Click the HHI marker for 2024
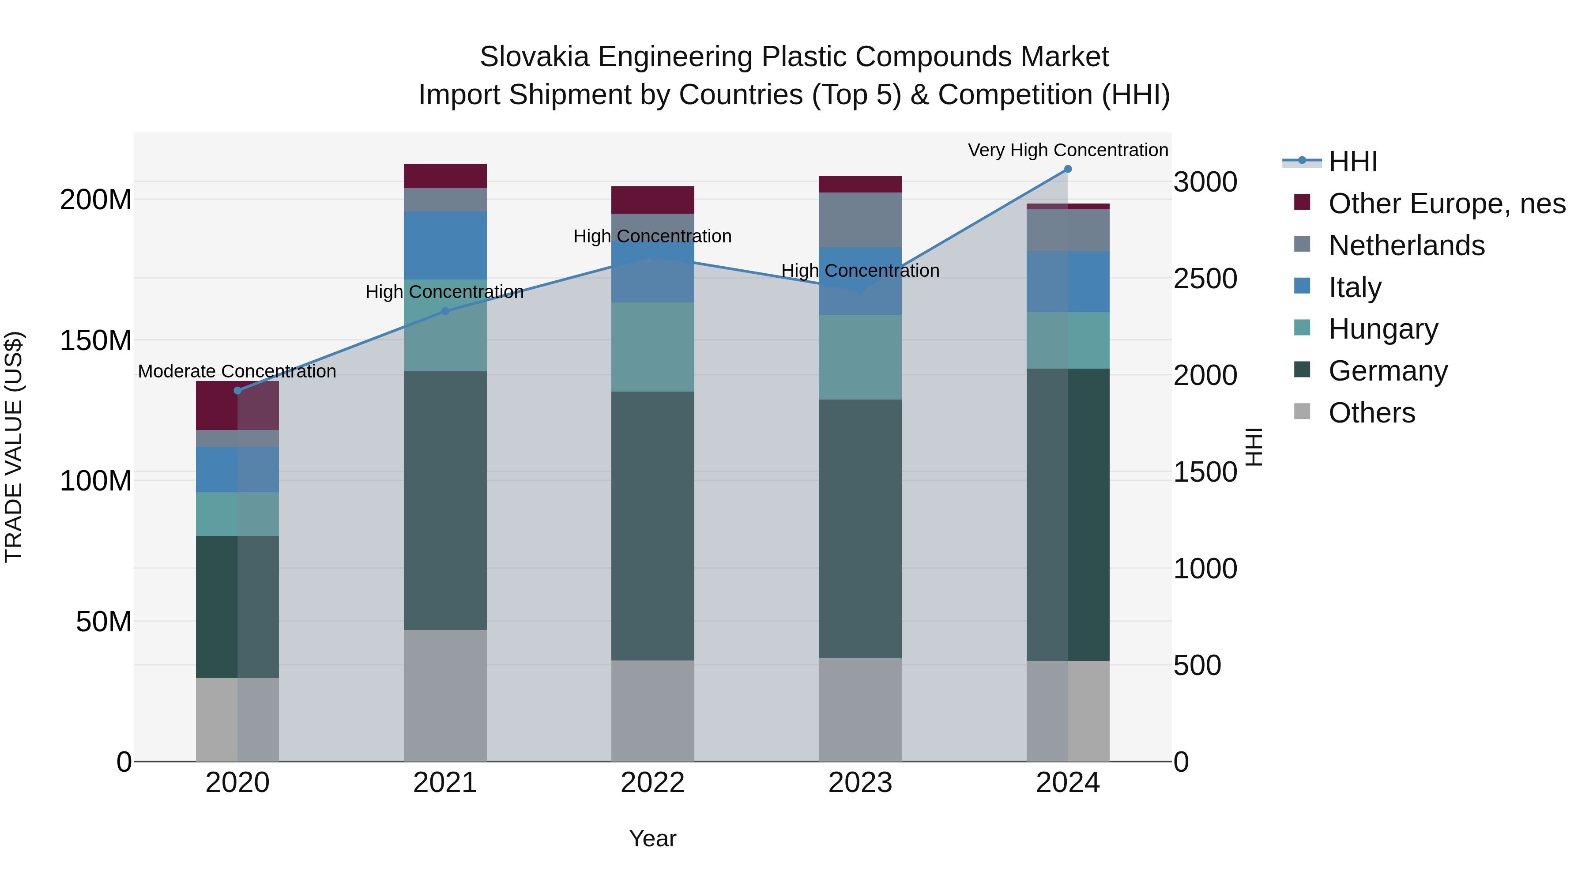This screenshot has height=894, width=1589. (1068, 169)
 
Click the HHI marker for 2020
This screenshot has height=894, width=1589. (237, 391)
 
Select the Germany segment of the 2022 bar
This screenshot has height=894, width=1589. (653, 526)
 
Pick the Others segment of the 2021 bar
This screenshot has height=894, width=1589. (445, 695)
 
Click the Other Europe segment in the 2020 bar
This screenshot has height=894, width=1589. (237, 405)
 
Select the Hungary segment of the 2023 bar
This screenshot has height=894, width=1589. (860, 357)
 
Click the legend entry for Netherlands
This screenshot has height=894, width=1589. (1406, 245)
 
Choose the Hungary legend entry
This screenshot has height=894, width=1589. (1382, 329)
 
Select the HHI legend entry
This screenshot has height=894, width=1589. (1353, 162)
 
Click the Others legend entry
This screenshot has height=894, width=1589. (1371, 413)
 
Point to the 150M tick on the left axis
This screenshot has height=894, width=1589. (96, 340)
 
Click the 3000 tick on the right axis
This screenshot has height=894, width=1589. (1205, 183)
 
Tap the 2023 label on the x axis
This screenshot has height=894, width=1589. (860, 783)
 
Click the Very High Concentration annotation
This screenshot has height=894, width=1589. (1068, 150)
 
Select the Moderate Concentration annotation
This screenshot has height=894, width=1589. (237, 371)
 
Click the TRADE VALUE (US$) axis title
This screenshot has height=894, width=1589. (14, 447)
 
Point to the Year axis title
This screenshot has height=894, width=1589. (653, 838)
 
